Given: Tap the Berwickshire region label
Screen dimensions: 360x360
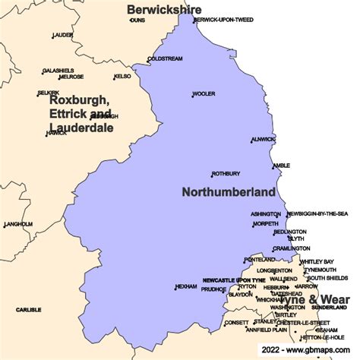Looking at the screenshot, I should pos(164,9).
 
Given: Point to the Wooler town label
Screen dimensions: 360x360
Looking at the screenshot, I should pos(204,94).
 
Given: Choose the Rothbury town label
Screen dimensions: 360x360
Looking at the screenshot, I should pos(226,173).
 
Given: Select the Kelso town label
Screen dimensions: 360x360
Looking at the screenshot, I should pos(122,77).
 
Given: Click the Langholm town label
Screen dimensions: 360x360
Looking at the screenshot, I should pos(18,224).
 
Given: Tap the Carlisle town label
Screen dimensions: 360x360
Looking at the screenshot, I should pos(28,310).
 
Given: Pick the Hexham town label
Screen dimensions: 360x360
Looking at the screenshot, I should pos(186,286).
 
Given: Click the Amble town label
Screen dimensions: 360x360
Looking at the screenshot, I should pos(281,165).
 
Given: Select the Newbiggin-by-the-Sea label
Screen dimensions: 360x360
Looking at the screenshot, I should pos(317,214).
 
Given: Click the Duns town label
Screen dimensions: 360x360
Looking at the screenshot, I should pos(137,21).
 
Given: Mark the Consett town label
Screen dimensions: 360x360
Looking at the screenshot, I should pos(235,322).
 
